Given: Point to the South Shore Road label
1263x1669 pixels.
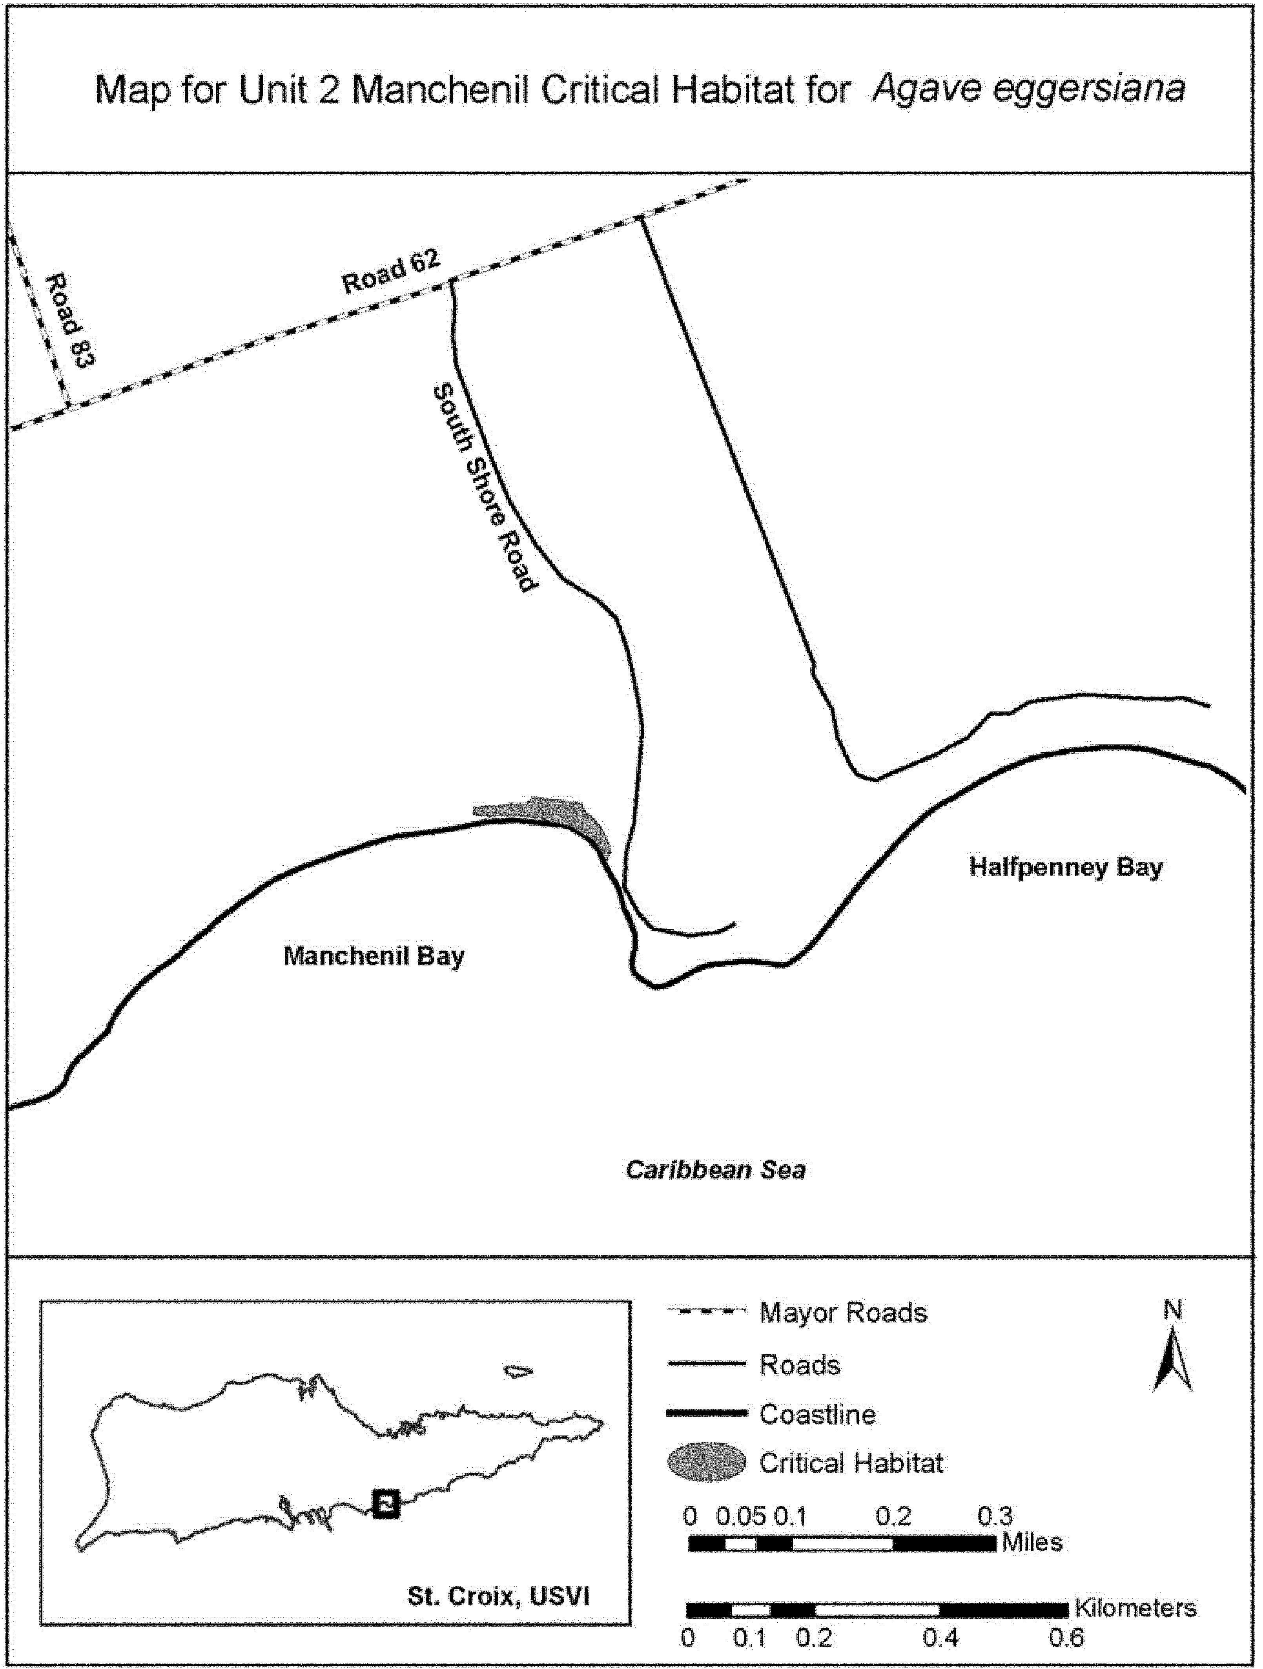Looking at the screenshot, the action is pyautogui.click(x=485, y=488).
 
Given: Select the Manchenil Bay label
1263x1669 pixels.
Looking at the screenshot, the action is pyautogui.click(x=374, y=957).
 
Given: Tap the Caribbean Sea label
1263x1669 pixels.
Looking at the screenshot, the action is pyautogui.click(x=715, y=1170).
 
